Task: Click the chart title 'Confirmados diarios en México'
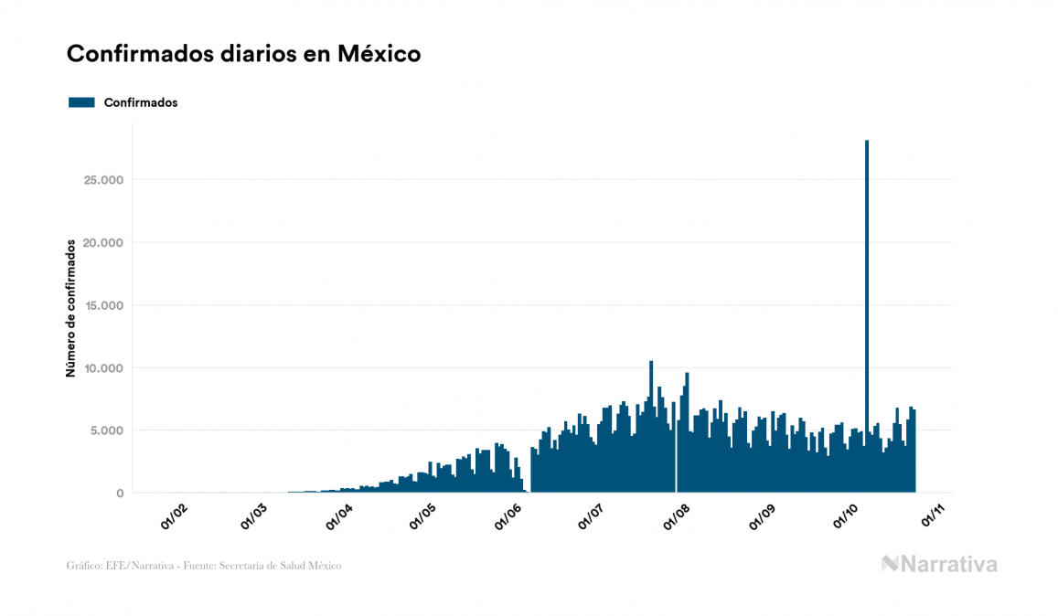[243, 54]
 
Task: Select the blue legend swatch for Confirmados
[81, 102]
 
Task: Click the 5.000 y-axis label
[104, 430]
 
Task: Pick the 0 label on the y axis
[119, 494]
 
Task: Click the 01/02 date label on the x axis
[174, 517]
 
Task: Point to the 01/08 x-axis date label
[679, 517]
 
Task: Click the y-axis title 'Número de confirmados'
[70, 308]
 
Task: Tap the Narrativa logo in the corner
[939, 564]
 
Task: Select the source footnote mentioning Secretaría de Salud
[204, 566]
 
